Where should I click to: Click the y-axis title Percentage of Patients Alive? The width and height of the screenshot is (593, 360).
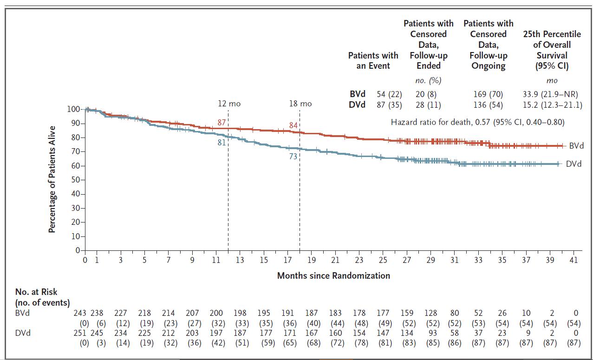52,179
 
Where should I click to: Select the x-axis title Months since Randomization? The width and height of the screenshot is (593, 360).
333,275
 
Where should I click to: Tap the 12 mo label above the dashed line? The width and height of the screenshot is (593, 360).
229,104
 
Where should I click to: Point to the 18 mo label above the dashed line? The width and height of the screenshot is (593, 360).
300,104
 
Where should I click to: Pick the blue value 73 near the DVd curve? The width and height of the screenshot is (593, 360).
293,157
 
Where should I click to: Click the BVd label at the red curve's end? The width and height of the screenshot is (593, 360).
576,146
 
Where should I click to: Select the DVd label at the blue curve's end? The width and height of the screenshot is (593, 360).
573,164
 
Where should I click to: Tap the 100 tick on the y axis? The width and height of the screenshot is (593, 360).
74,109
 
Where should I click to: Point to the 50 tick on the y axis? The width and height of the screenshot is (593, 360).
76,180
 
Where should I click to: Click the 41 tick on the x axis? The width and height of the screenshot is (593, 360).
573,260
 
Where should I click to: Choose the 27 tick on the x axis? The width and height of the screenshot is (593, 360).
407,260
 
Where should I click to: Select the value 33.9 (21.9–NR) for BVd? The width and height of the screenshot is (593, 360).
552,94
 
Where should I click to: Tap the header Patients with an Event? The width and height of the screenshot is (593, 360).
373,60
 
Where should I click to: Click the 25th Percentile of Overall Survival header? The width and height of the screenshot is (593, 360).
552,50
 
